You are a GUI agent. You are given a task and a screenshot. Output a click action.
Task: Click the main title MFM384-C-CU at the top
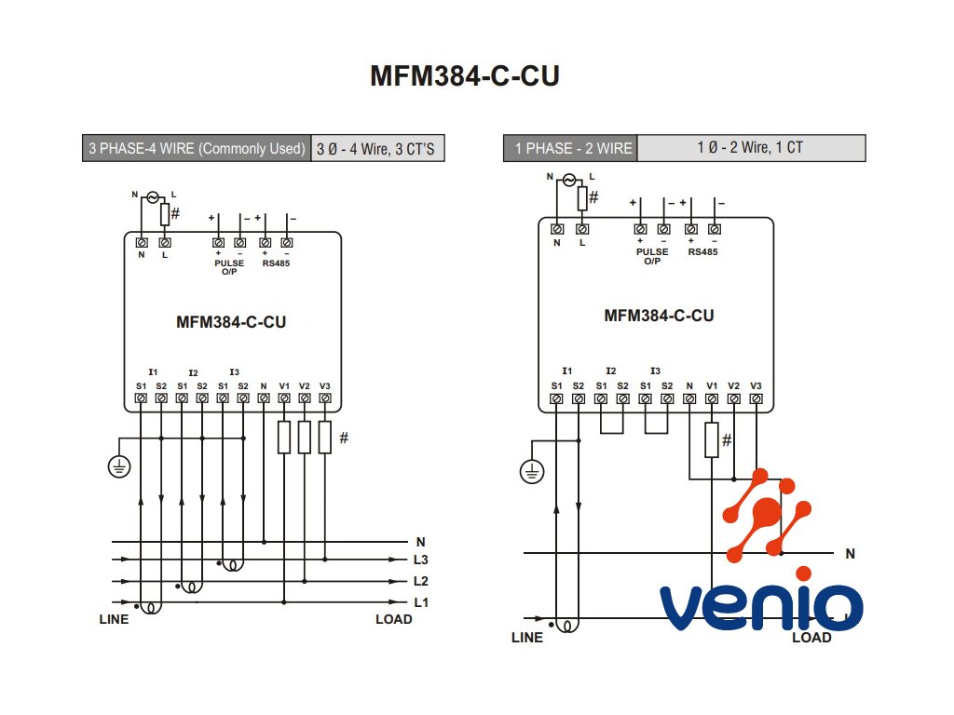[465, 76]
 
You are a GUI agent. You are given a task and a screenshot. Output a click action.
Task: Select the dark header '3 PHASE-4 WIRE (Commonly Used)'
[197, 149]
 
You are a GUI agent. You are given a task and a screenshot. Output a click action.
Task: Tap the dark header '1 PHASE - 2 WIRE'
[573, 148]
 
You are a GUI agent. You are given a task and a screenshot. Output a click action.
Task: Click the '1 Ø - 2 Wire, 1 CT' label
[750, 147]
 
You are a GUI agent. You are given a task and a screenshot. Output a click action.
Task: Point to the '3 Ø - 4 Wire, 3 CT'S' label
[375, 149]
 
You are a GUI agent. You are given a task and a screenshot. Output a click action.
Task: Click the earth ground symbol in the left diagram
[118, 466]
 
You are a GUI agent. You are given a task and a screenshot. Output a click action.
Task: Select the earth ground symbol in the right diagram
[530, 472]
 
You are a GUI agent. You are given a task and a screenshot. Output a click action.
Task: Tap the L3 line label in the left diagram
[421, 560]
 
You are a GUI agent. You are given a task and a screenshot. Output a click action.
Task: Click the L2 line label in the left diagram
[421, 581]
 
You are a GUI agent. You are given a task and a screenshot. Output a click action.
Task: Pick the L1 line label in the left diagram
[421, 602]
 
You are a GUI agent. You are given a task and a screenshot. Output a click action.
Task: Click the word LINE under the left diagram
[114, 619]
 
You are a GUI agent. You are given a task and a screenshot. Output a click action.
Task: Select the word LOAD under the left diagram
[393, 619]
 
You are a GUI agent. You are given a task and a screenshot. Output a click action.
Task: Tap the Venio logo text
[761, 606]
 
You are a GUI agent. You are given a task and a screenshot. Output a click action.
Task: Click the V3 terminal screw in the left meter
[324, 398]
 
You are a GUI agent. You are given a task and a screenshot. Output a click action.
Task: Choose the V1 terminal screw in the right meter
[711, 399]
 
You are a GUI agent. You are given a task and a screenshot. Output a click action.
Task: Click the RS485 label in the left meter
[276, 263]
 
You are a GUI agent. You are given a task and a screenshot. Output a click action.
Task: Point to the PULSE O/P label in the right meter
[652, 256]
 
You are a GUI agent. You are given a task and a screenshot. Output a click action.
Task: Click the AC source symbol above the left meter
[153, 197]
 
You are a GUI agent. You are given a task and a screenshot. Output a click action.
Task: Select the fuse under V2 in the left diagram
[304, 437]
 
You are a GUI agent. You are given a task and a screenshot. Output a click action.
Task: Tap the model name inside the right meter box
[659, 316]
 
